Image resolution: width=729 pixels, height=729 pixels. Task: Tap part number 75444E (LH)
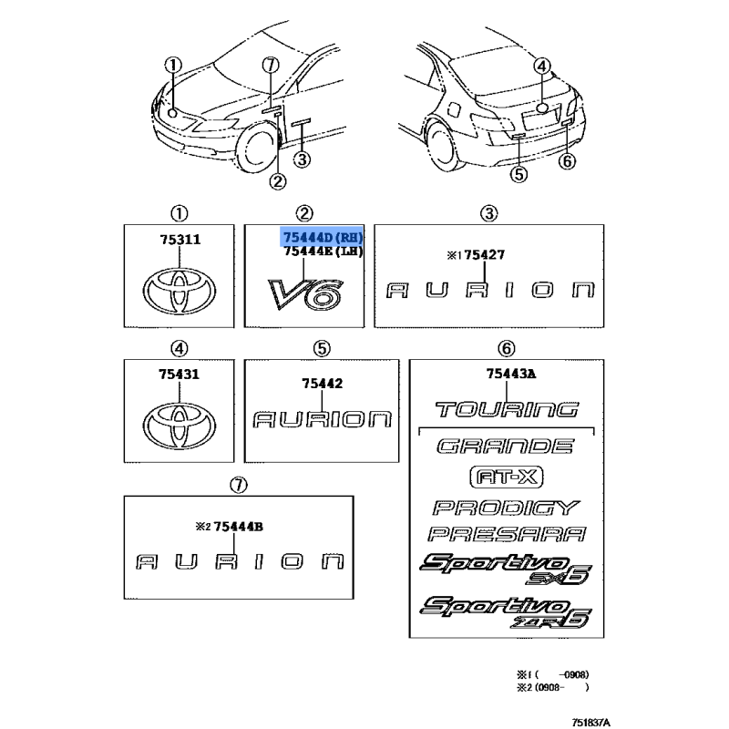[x=323, y=252]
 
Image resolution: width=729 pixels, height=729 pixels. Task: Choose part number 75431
[x=180, y=374]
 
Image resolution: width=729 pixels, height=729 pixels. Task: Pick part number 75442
[x=323, y=384]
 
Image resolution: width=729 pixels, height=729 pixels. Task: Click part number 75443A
[x=509, y=374]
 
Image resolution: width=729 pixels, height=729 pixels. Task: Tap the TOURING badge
[x=507, y=409]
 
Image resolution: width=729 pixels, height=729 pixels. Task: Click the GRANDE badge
[x=505, y=447]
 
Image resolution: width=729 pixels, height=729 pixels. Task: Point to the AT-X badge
[x=504, y=477]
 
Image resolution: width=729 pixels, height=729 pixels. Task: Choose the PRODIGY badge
[x=506, y=508]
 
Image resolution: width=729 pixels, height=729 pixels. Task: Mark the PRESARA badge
[x=508, y=535]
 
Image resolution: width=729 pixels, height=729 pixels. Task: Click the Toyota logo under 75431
[x=180, y=423]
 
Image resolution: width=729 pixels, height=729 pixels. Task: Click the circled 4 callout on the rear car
[x=540, y=66]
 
